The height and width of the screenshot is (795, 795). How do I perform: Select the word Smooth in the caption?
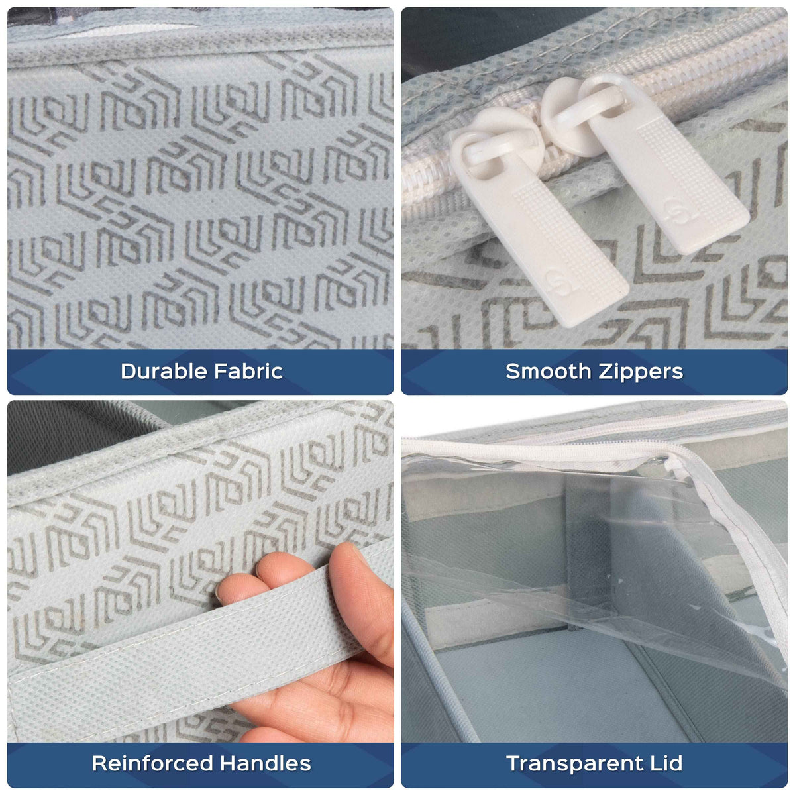548,371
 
